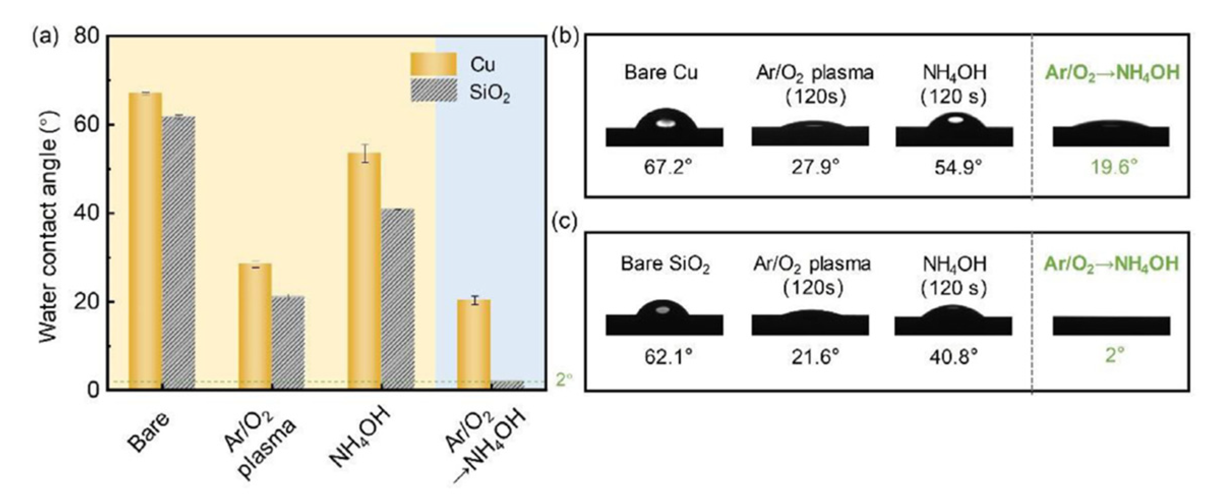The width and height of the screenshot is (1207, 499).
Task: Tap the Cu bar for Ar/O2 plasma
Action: click(255, 326)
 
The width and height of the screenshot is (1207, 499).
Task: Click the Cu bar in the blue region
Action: click(474, 344)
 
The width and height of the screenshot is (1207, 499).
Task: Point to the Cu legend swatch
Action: click(434, 64)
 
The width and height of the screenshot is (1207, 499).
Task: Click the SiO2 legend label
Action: click(489, 93)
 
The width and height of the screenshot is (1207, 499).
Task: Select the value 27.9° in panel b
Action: click(815, 167)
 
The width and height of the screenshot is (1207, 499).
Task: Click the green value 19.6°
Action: click(1113, 167)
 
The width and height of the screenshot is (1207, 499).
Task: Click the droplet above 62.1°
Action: click(662, 309)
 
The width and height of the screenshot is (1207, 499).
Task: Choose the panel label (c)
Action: click(564, 222)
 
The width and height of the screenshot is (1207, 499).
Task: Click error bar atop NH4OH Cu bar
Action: click(365, 153)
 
